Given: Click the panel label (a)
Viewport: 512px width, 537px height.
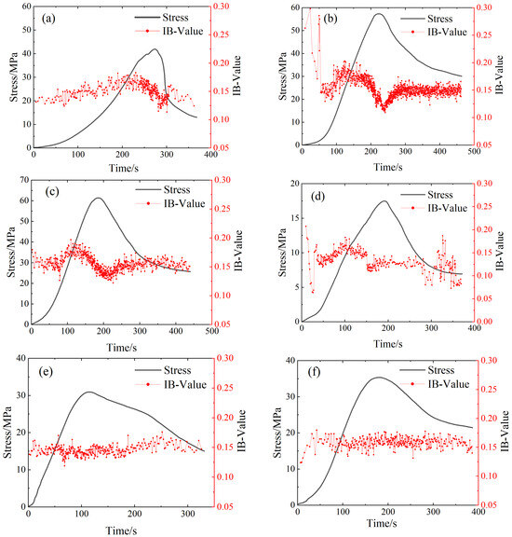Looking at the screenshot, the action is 48,19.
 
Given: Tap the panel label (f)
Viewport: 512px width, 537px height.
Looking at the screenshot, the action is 314,371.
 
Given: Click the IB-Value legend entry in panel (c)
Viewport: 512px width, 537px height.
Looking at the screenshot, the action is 170,203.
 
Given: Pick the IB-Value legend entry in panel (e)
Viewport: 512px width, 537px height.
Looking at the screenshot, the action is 170,384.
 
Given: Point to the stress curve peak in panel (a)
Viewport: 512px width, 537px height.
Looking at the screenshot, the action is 155,49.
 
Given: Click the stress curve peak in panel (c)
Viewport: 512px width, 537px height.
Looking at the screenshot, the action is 98,198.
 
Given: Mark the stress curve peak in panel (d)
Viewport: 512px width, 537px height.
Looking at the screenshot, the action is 384,201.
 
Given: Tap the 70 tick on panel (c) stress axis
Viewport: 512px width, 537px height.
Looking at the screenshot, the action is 24,180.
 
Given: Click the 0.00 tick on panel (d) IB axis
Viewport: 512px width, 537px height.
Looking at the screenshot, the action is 484,322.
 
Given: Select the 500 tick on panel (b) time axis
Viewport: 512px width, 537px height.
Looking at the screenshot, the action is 474,151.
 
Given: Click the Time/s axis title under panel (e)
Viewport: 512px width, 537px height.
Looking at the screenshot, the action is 121,530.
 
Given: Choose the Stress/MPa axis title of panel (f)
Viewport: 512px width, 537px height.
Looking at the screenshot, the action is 277,433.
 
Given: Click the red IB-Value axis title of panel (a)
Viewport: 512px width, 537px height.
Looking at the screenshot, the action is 236,76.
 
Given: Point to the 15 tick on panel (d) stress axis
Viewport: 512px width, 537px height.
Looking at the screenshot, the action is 294,218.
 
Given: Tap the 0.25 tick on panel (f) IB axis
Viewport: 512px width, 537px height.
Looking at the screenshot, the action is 489,389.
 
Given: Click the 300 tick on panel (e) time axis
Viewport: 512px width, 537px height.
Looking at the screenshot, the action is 188,514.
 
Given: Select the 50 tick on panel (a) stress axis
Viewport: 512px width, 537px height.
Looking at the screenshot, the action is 27,30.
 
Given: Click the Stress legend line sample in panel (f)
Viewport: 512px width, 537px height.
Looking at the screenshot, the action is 412,370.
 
